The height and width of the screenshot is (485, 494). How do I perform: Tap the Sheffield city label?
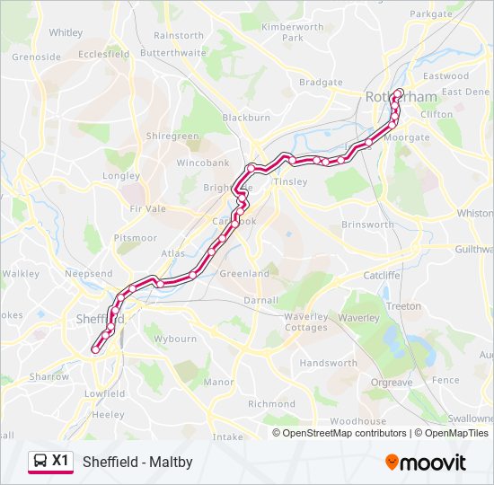click(99, 319)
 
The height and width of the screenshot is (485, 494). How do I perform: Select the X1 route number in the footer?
click(60, 461)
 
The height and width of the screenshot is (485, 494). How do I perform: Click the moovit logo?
click(426, 463)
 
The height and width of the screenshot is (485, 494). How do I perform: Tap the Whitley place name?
click(66, 32)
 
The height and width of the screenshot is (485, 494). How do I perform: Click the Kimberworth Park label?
click(293, 32)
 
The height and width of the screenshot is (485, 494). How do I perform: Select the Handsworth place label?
click(328, 364)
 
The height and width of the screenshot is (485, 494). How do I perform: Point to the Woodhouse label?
click(357, 420)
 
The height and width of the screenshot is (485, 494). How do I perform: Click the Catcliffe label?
click(382, 275)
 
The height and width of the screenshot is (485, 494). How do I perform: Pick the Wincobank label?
click(202, 163)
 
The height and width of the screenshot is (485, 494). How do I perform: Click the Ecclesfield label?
click(104, 54)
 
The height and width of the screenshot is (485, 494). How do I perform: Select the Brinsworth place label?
click(367, 225)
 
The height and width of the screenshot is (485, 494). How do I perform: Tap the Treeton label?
click(403, 306)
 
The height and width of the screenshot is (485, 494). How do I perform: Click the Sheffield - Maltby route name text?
click(137, 462)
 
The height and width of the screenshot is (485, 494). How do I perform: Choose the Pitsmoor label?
click(136, 238)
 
